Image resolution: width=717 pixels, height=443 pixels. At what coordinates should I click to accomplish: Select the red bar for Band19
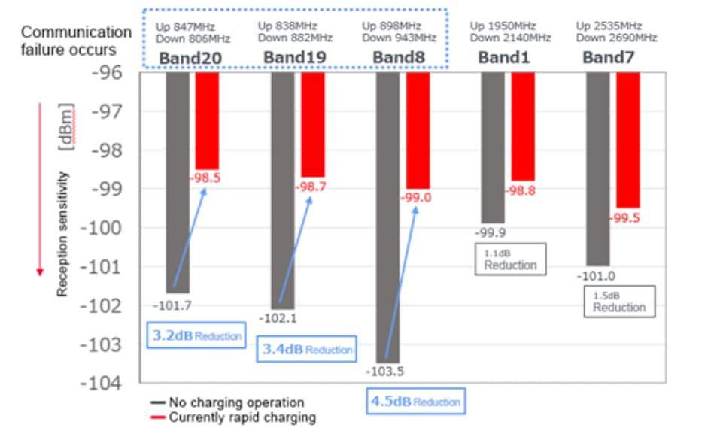tap(312, 124)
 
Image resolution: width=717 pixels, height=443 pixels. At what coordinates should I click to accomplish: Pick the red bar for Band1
tap(522, 126)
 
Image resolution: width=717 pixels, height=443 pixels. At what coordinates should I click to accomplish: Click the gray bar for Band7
tap(597, 168)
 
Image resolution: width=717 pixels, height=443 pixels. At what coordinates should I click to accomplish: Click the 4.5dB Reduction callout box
tap(415, 402)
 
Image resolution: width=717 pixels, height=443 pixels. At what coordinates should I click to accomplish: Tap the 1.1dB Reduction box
tap(510, 259)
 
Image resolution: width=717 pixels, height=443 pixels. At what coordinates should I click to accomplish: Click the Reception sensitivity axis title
tap(65, 233)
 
